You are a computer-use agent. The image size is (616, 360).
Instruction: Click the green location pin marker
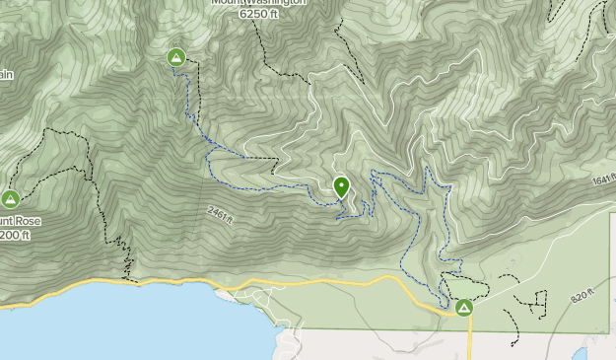point(341,186)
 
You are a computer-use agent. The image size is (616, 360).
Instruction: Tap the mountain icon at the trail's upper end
point(176,58)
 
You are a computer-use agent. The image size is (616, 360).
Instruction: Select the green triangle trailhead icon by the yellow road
point(463,308)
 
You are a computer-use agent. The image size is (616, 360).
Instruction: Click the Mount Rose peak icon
point(11,198)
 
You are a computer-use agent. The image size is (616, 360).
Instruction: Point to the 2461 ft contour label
point(221,214)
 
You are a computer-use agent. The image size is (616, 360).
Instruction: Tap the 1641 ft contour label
point(602,181)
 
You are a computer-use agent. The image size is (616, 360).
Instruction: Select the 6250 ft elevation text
point(259,13)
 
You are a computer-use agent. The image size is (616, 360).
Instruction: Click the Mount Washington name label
point(259,2)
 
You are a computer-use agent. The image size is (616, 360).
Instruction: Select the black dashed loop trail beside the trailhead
point(471,286)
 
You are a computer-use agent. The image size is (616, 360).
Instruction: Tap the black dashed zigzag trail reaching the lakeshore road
point(124,258)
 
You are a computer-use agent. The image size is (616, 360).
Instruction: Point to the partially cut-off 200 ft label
point(16,236)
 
